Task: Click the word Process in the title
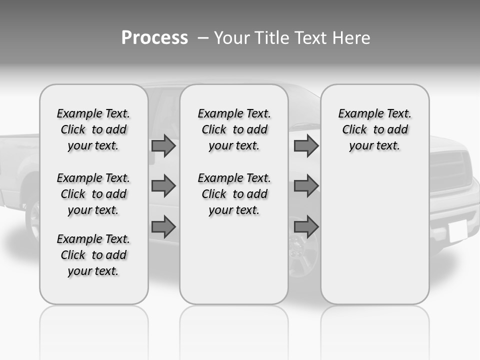tap(154, 38)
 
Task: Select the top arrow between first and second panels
tap(163, 146)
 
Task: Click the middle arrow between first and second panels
tap(163, 186)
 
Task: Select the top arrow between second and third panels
tap(306, 146)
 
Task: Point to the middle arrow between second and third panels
tap(306, 186)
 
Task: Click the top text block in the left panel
tap(93, 129)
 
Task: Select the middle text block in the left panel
tap(93, 194)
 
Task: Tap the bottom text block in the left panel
tap(93, 255)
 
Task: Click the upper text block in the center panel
tap(234, 129)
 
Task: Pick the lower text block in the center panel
tap(234, 194)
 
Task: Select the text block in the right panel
tap(374, 129)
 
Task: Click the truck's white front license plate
tap(457, 231)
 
